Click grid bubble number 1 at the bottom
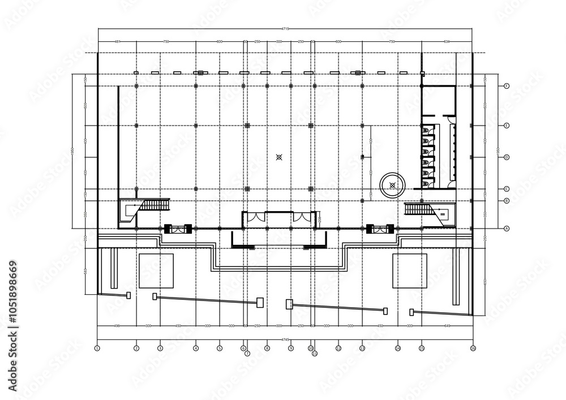(x=97, y=349)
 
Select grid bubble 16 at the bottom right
(x=473, y=349)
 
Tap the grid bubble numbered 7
(x=247, y=354)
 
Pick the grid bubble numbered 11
(x=315, y=354)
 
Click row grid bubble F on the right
(x=507, y=85)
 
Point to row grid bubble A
(x=507, y=228)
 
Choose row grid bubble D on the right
(x=507, y=157)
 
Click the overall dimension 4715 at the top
(x=285, y=28)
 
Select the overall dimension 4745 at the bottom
(x=285, y=339)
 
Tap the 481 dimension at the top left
(x=117, y=41)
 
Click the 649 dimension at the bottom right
(x=447, y=326)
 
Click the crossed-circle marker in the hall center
(x=278, y=157)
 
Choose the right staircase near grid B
(x=419, y=209)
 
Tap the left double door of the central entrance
(x=258, y=217)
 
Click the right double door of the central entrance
(x=301, y=217)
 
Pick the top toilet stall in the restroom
(x=427, y=131)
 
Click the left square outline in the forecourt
(x=156, y=271)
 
